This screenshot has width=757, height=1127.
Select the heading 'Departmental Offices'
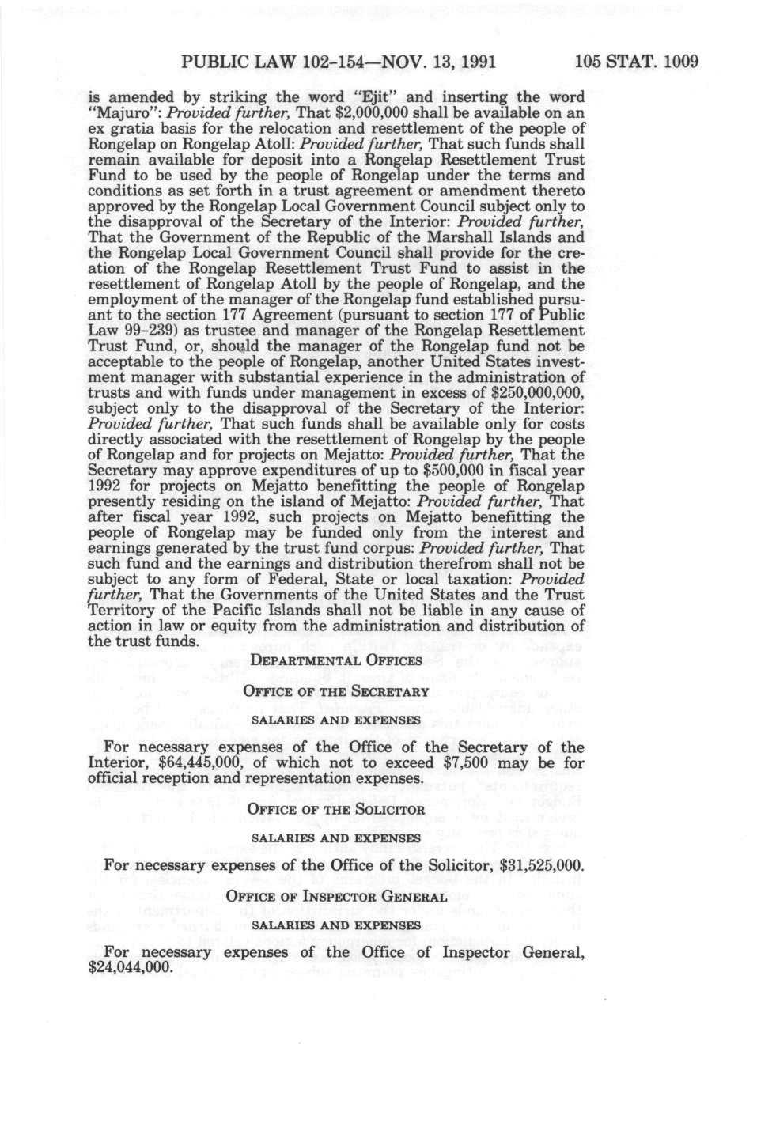[x=336, y=660]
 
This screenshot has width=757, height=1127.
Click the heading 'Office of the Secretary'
[x=336, y=690]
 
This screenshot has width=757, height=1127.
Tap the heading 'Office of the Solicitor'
[x=336, y=809]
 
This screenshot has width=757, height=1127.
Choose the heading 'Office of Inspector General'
[x=336, y=896]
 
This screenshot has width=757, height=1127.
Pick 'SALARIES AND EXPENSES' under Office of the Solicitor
[x=336, y=837]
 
